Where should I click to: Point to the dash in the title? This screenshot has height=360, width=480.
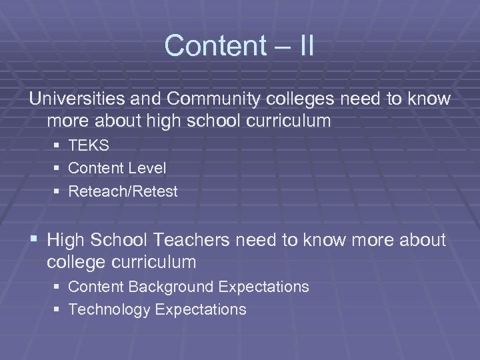[276, 47]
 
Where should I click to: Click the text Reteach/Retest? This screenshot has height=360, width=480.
[123, 192]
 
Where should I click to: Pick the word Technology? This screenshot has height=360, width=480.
[105, 309]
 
